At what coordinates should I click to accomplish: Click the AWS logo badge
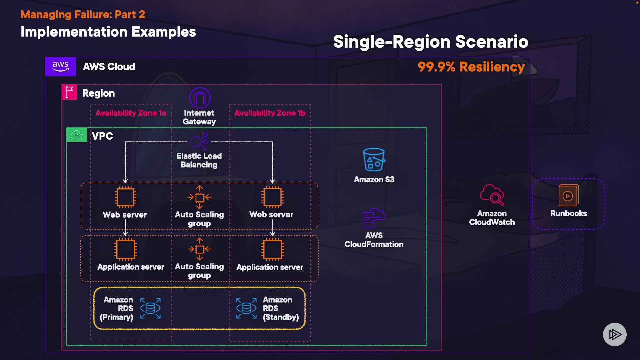(60, 67)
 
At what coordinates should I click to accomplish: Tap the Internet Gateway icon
(200, 98)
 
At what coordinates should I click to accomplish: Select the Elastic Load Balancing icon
(199, 142)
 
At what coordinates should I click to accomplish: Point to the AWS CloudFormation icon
(374, 218)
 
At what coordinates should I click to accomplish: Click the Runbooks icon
(568, 195)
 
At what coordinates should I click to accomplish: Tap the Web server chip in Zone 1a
(125, 197)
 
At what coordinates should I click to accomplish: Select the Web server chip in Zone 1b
(272, 197)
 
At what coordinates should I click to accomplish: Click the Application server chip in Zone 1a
(125, 249)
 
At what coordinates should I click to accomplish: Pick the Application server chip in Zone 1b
(272, 249)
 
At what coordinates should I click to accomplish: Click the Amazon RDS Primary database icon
(150, 308)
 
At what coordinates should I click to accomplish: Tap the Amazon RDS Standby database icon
(246, 308)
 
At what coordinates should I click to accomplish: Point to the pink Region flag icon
(69, 92)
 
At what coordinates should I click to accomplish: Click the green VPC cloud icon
(77, 135)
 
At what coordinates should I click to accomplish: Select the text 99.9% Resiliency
(471, 67)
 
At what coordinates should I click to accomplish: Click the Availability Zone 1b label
(270, 113)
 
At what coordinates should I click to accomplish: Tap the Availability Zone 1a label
(131, 113)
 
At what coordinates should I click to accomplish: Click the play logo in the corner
(615, 334)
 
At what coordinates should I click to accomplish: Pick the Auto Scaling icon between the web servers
(199, 197)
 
